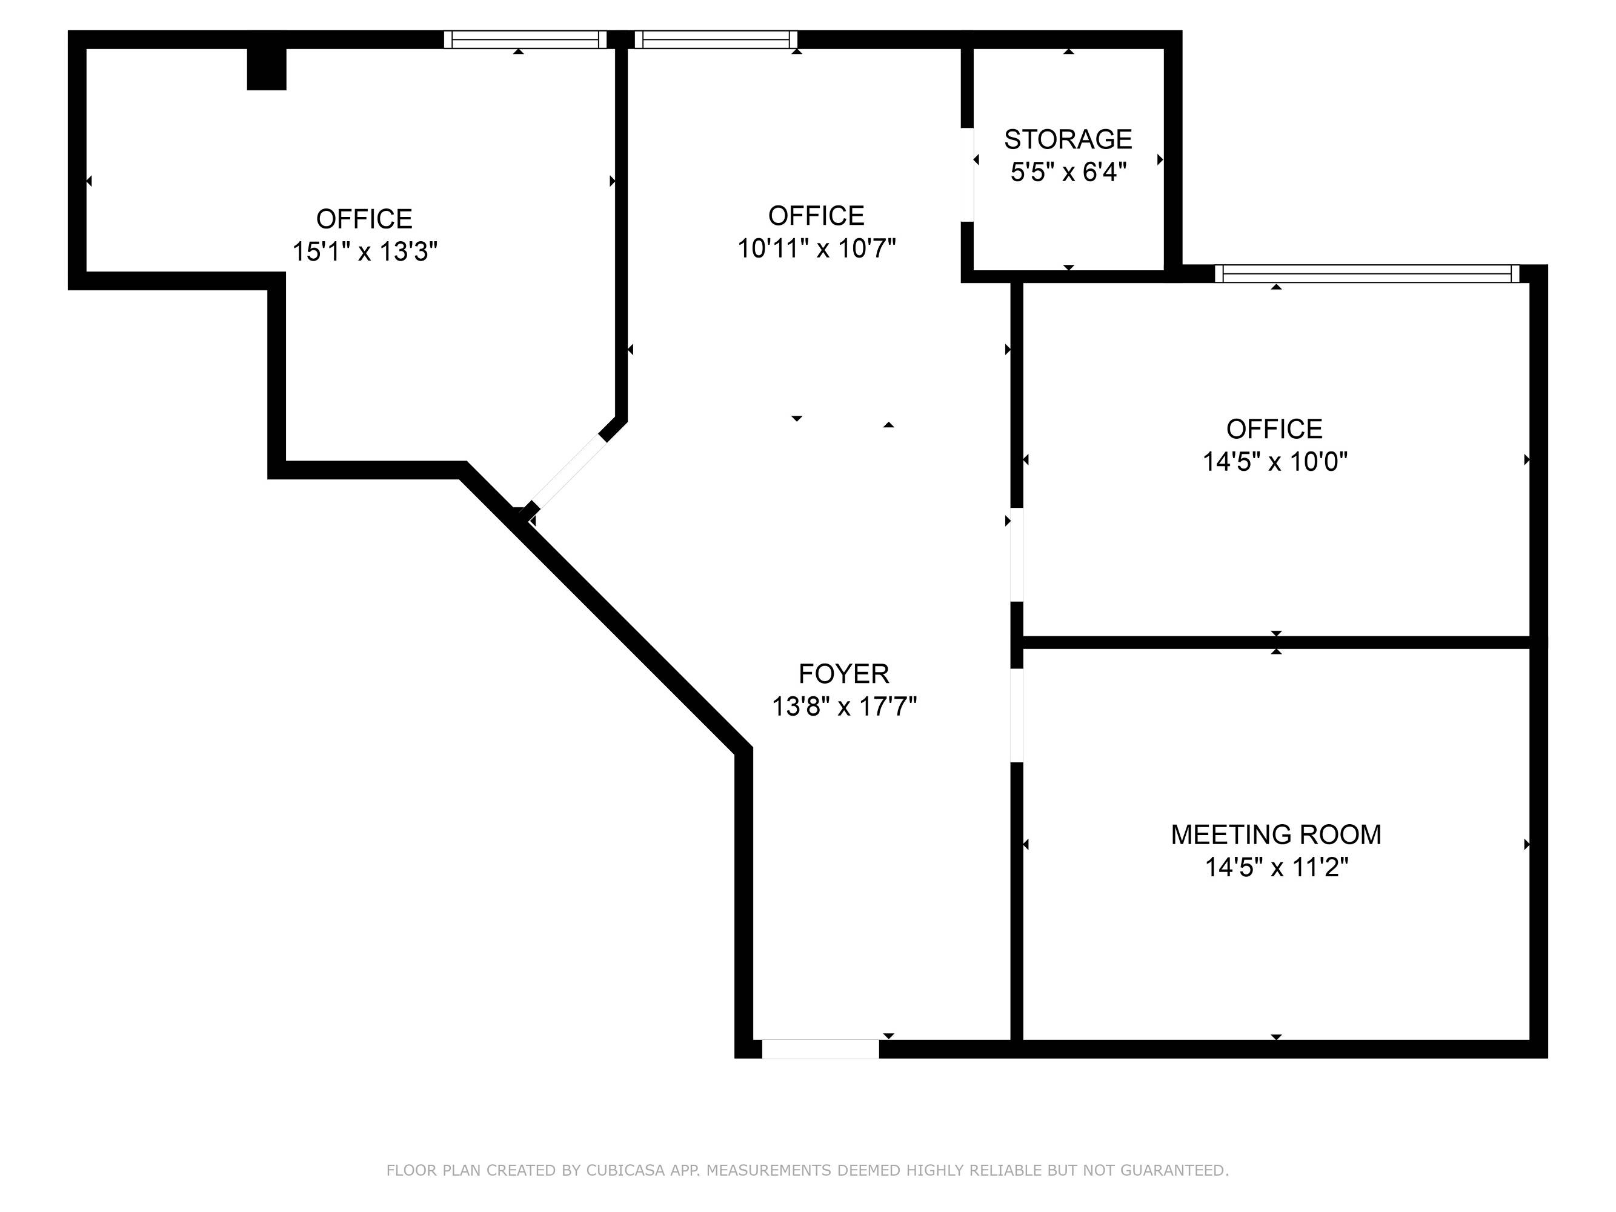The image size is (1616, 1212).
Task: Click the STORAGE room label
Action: point(1068,139)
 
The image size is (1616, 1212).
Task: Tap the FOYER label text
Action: point(844,673)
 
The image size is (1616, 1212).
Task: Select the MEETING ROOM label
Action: point(1275,834)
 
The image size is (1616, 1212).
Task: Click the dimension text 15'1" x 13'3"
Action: point(365,251)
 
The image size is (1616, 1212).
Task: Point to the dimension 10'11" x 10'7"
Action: point(816,248)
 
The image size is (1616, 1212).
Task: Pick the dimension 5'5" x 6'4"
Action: point(1068,171)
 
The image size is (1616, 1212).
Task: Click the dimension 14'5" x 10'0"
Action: point(1275,461)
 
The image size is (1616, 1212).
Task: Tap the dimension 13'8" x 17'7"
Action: point(844,707)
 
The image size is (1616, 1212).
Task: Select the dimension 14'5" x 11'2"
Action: point(1275,867)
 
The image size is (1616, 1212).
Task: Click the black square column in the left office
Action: point(266,68)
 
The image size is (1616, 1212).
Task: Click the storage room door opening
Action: point(967,175)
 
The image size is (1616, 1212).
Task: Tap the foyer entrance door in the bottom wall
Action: point(820,1048)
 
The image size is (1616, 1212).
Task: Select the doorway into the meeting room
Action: point(1016,716)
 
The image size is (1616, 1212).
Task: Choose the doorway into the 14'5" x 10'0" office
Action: point(1016,554)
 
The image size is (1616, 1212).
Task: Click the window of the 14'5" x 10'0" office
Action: point(1367,274)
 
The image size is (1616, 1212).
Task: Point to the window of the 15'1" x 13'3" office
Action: point(525,39)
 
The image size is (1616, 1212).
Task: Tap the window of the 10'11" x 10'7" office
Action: point(716,39)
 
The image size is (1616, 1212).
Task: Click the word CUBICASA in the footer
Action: point(625,1170)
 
